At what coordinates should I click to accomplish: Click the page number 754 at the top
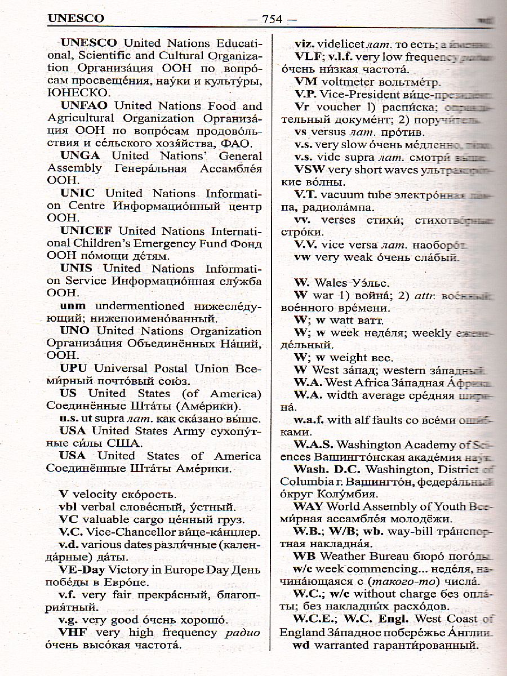tap(272, 18)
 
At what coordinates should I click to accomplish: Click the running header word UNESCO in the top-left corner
tap(76, 18)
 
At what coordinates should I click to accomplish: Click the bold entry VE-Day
tap(82, 570)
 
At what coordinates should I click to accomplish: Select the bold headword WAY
tap(309, 506)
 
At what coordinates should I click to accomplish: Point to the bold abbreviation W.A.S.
tap(313, 444)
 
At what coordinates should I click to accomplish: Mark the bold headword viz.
tap(305, 43)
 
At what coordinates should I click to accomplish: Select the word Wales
tap(332, 282)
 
